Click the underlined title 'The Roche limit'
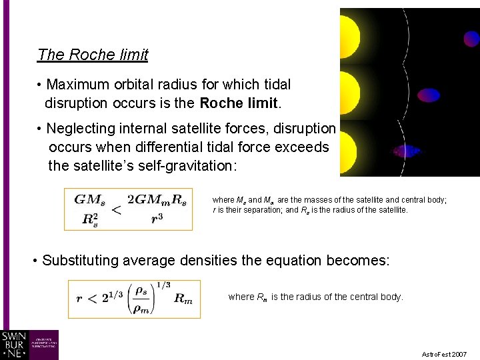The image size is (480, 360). [93, 55]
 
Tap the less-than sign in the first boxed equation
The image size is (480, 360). [116, 210]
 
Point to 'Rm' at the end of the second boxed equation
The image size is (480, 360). [183, 299]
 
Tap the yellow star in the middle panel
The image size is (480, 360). [349, 92]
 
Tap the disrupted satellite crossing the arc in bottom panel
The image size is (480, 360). [407, 151]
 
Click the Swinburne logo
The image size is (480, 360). [29, 345]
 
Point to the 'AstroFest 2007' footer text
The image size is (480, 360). [444, 354]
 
